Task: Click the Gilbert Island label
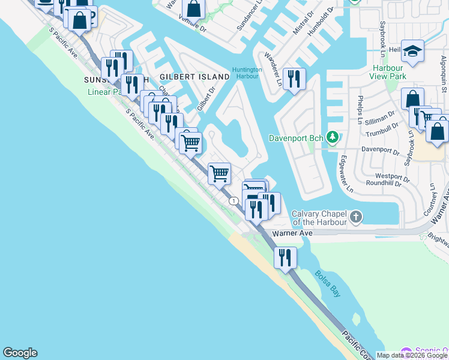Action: pyautogui.click(x=194, y=77)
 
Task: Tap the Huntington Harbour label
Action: pyautogui.click(x=247, y=73)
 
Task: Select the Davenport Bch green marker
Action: pyautogui.click(x=331, y=138)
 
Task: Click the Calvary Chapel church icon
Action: pyautogui.click(x=356, y=216)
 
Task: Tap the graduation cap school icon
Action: pyautogui.click(x=413, y=52)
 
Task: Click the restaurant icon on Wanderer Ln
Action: pyautogui.click(x=294, y=79)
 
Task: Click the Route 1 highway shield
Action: pyautogui.click(x=232, y=201)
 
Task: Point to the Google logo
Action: pyautogui.click(x=20, y=353)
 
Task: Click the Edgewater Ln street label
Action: pyautogui.click(x=346, y=175)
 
